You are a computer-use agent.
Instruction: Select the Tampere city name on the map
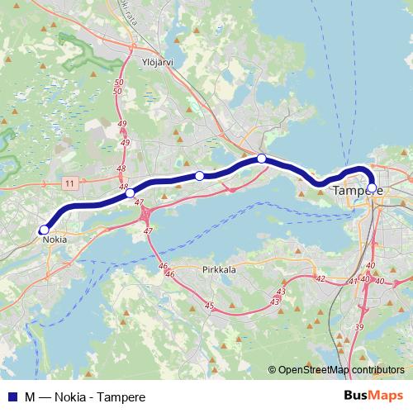(x=358, y=191)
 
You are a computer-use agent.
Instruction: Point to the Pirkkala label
(x=218, y=269)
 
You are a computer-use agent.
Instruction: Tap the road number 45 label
(x=209, y=306)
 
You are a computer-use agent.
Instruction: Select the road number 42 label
(x=320, y=279)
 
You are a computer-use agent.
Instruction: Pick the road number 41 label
(x=354, y=282)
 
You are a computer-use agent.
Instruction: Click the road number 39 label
(x=358, y=328)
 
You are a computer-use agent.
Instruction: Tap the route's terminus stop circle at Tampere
(x=371, y=188)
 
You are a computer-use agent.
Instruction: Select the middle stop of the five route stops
(x=199, y=175)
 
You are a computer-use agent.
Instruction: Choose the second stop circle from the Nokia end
(x=130, y=192)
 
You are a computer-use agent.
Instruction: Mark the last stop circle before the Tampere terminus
(x=261, y=159)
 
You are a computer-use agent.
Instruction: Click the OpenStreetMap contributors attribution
(x=341, y=369)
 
